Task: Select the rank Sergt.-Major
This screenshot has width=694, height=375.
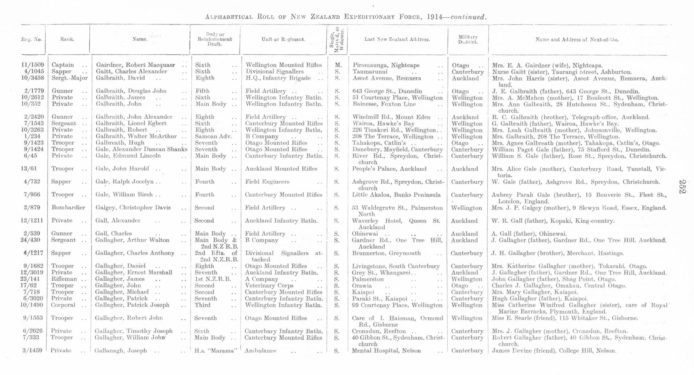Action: click(x=69, y=78)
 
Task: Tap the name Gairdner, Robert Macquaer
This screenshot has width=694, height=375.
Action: click(x=135, y=65)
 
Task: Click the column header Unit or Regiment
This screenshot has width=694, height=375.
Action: click(x=283, y=40)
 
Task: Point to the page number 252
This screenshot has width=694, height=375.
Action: click(x=682, y=187)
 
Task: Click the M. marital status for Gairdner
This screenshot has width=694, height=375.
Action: click(x=338, y=65)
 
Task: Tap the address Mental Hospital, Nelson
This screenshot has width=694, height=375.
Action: click(x=386, y=350)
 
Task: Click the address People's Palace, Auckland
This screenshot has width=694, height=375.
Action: click(x=389, y=169)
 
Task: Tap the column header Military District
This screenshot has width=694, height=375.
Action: click(x=468, y=40)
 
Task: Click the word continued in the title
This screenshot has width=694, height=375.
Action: click(x=468, y=17)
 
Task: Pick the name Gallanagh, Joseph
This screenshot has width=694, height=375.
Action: click(x=121, y=350)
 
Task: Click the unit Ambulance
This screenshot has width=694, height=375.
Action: click(x=260, y=350)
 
